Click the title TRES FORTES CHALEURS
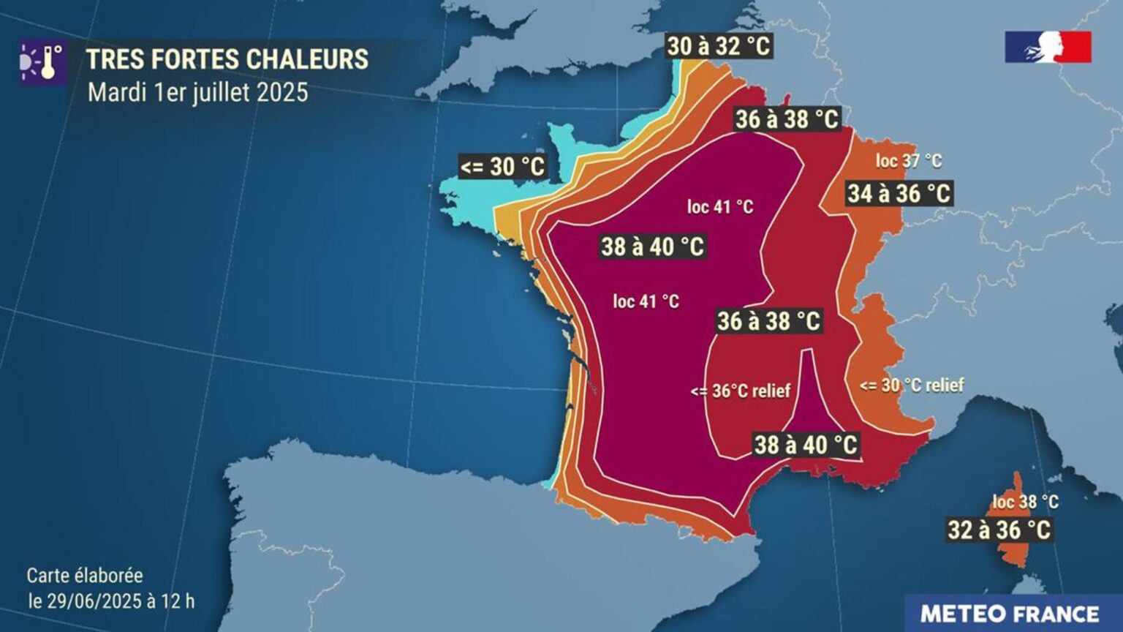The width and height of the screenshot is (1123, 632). [227, 59]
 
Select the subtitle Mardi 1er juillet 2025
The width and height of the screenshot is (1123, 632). [198, 93]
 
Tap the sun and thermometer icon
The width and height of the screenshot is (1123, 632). [43, 62]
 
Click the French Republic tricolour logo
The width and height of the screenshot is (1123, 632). [1048, 47]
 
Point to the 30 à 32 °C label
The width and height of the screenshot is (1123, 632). [718, 46]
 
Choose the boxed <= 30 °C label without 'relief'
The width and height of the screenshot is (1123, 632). [502, 167]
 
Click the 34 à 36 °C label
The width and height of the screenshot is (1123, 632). [899, 194]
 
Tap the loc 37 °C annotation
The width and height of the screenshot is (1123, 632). [908, 161]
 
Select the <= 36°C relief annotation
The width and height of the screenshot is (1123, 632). [741, 391]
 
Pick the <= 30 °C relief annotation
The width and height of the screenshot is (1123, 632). [912, 385]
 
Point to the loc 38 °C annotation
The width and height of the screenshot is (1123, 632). [1025, 502]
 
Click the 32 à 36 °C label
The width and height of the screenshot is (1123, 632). [999, 530]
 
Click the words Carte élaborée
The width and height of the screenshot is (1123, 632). [85, 576]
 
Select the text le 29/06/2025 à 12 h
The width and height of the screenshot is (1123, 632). [111, 601]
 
